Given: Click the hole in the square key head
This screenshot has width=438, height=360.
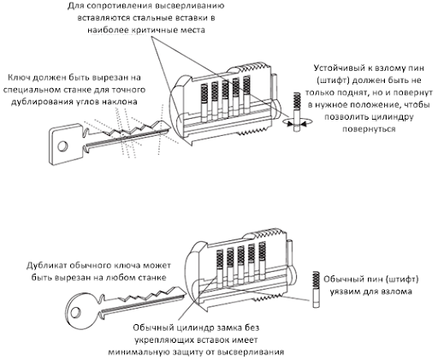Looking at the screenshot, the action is tap(62, 146).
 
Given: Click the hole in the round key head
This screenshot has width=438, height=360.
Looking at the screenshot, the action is tap(75, 312).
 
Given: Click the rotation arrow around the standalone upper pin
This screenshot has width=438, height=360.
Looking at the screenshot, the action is tap(297, 122).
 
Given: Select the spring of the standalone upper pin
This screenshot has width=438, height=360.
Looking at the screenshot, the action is tap(297, 101).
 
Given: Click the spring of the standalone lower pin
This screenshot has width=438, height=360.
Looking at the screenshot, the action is tap(316, 280).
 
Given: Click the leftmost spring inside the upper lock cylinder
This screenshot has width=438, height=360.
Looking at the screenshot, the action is tap(204, 93).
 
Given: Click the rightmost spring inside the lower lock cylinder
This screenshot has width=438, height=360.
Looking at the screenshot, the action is tap(263, 251).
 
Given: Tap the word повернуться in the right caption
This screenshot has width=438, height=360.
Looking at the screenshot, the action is tap(369, 129).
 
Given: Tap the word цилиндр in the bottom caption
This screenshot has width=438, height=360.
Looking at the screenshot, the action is tap(193, 328).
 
